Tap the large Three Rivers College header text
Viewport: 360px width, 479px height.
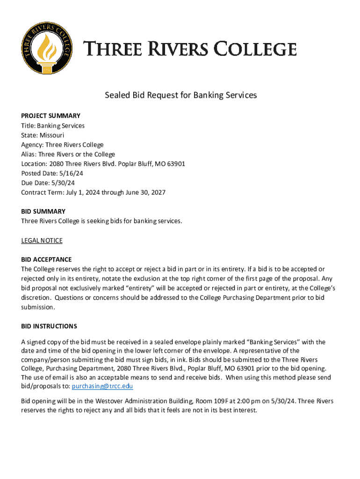click(190, 49)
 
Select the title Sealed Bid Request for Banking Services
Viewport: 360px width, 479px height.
click(180, 95)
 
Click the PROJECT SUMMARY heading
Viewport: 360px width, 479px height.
click(50, 116)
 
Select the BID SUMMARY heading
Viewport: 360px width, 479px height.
click(43, 211)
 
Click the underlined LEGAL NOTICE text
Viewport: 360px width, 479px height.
click(42, 240)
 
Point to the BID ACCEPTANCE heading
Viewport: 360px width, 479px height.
click(46, 260)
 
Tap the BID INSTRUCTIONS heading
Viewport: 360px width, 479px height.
click(49, 326)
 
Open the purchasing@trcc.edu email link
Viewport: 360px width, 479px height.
click(102, 386)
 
